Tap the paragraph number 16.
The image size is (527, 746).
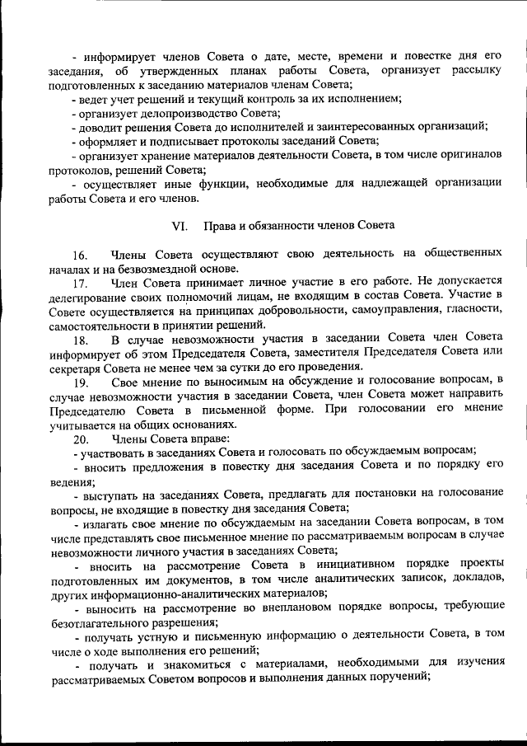coord(80,253)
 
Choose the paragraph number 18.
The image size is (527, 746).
coord(80,340)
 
